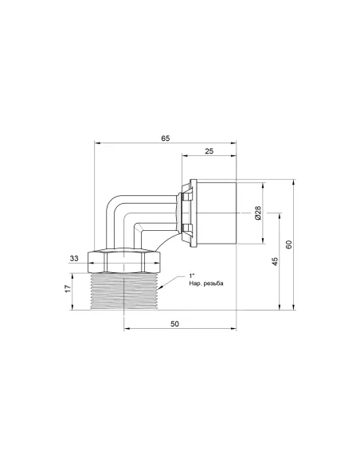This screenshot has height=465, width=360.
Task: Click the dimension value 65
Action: pyautogui.click(x=166, y=139)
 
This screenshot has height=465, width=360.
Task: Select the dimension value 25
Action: pyautogui.click(x=209, y=151)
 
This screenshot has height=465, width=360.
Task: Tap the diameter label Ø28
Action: pyautogui.click(x=258, y=213)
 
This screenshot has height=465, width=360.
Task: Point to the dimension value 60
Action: pyautogui.click(x=289, y=244)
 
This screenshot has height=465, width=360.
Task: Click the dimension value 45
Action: pyautogui.click(x=276, y=261)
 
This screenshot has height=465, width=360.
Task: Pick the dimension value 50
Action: pyautogui.click(x=175, y=323)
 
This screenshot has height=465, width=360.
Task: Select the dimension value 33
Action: pyautogui.click(x=74, y=258)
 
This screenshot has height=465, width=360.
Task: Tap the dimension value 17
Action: pyautogui.click(x=68, y=289)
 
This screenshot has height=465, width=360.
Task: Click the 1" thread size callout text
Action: pyautogui.click(x=192, y=275)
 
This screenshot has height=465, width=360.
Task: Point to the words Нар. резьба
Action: pyautogui.click(x=206, y=283)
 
